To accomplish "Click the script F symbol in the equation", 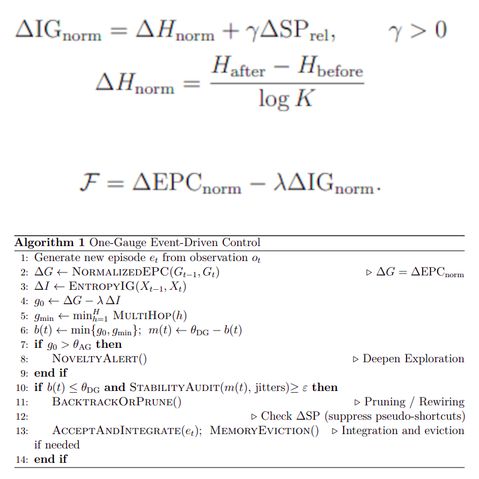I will (89, 182).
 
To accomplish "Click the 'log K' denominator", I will (286, 97).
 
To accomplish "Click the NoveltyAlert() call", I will (100, 359).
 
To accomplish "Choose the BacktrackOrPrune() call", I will (117, 402).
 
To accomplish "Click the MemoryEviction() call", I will (265, 431).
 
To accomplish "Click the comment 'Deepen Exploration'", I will (413, 359).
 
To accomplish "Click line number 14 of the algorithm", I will (22, 459).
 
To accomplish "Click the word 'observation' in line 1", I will (217, 258).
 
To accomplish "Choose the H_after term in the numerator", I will (238, 68).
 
